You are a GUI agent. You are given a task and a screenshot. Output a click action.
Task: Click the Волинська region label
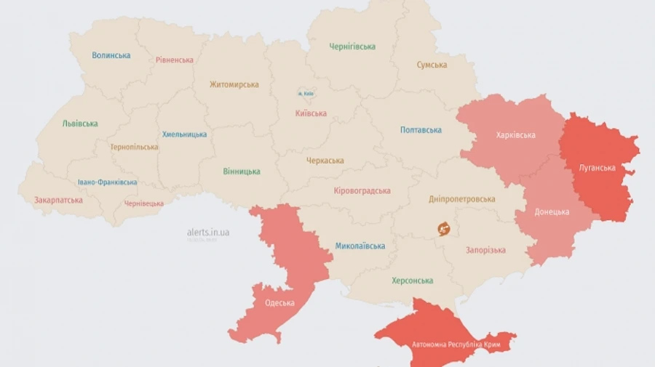click(x=111, y=55)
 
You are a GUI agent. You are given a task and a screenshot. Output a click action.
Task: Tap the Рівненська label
click(x=175, y=60)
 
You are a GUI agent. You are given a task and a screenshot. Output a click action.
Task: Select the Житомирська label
click(x=234, y=84)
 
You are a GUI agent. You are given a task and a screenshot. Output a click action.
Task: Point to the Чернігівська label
click(x=352, y=47)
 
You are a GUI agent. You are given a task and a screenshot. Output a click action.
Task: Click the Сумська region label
click(x=432, y=65)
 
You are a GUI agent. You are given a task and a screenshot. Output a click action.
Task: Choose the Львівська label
click(x=80, y=124)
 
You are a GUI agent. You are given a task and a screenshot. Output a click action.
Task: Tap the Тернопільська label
click(x=134, y=147)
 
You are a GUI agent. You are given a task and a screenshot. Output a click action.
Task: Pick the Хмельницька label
click(x=184, y=134)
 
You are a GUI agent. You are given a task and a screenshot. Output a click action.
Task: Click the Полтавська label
click(x=421, y=130)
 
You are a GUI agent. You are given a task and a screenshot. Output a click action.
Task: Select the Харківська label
click(x=515, y=135)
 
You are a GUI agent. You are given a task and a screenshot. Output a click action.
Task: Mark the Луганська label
click(x=597, y=168)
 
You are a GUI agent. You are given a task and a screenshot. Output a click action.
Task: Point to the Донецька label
click(x=552, y=212)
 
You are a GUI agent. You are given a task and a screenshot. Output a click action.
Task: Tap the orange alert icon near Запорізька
click(x=444, y=229)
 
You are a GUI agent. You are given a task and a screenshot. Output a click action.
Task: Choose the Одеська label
click(x=279, y=303)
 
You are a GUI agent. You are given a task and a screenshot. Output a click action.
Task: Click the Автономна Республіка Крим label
click(x=450, y=344)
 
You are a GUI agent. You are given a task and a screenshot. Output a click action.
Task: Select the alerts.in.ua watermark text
click(x=208, y=232)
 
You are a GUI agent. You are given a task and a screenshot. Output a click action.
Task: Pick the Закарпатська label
click(x=58, y=200)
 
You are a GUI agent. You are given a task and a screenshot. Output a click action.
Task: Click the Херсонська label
click(x=412, y=281)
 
